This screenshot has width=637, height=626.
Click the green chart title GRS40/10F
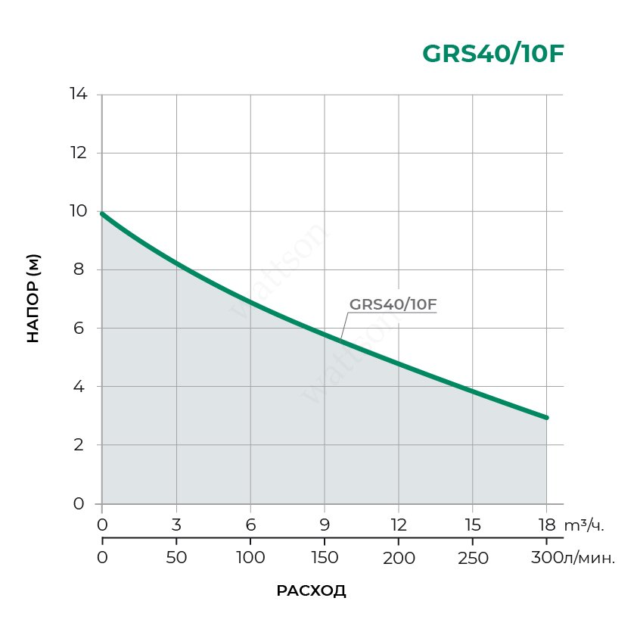pyautogui.click(x=493, y=54)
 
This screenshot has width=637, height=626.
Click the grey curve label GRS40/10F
pyautogui.click(x=393, y=305)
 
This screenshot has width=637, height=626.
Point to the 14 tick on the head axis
pyautogui.click(x=79, y=95)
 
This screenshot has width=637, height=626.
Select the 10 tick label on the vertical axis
pyautogui.click(x=79, y=211)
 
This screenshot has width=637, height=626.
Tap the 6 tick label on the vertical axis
pyautogui.click(x=79, y=328)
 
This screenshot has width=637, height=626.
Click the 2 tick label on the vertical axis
pyautogui.click(x=79, y=445)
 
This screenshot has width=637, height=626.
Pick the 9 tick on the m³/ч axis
pyautogui.click(x=325, y=525)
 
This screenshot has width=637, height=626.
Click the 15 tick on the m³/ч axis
pyautogui.click(x=473, y=525)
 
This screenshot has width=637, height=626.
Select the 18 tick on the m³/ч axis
pyautogui.click(x=546, y=525)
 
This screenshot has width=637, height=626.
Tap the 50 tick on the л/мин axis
pyautogui.click(x=176, y=559)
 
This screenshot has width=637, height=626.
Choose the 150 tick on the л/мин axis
pyautogui.click(x=325, y=559)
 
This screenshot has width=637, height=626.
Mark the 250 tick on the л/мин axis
pyautogui.click(x=473, y=559)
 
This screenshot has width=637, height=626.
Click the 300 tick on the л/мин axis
pyautogui.click(x=545, y=559)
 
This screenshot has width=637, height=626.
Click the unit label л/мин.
pyautogui.click(x=589, y=559)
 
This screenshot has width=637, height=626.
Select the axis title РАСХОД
pyautogui.click(x=311, y=591)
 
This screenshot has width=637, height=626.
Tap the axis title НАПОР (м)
pyautogui.click(x=33, y=298)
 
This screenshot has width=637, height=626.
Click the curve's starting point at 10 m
pyautogui.click(x=102, y=213)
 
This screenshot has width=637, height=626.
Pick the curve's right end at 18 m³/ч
pyautogui.click(x=545, y=417)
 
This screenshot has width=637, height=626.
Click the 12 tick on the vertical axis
pyautogui.click(x=79, y=153)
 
